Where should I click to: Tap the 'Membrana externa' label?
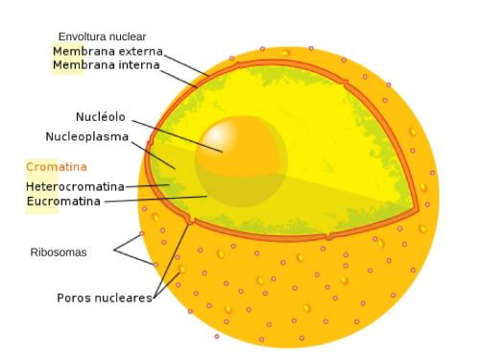tap(108, 51)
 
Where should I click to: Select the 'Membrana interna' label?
tap(106, 65)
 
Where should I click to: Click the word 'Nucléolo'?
tap(102, 116)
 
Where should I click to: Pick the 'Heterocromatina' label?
tap(75, 185)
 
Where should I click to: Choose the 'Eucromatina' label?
tap(63, 201)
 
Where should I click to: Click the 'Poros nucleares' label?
tap(104, 298)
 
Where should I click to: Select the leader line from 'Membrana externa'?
tap(187, 63)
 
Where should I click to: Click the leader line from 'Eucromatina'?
tap(154, 200)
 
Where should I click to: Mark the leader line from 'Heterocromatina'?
tap(144, 185)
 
